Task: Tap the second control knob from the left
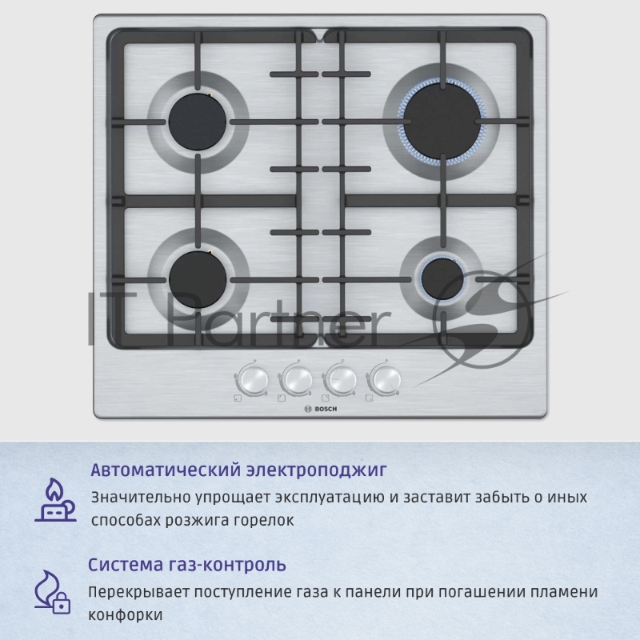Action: [297, 379]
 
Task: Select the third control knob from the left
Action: [342, 379]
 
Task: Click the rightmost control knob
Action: [386, 379]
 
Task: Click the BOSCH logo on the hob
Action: [322, 409]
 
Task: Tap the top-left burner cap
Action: [197, 122]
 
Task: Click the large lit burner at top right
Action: [442, 122]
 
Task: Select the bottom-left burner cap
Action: [198, 278]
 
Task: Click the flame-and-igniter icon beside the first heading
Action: [55, 500]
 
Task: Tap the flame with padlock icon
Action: [52, 593]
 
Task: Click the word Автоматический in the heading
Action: [166, 470]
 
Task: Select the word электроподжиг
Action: [316, 470]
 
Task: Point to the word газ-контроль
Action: [227, 566]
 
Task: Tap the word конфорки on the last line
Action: [126, 615]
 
